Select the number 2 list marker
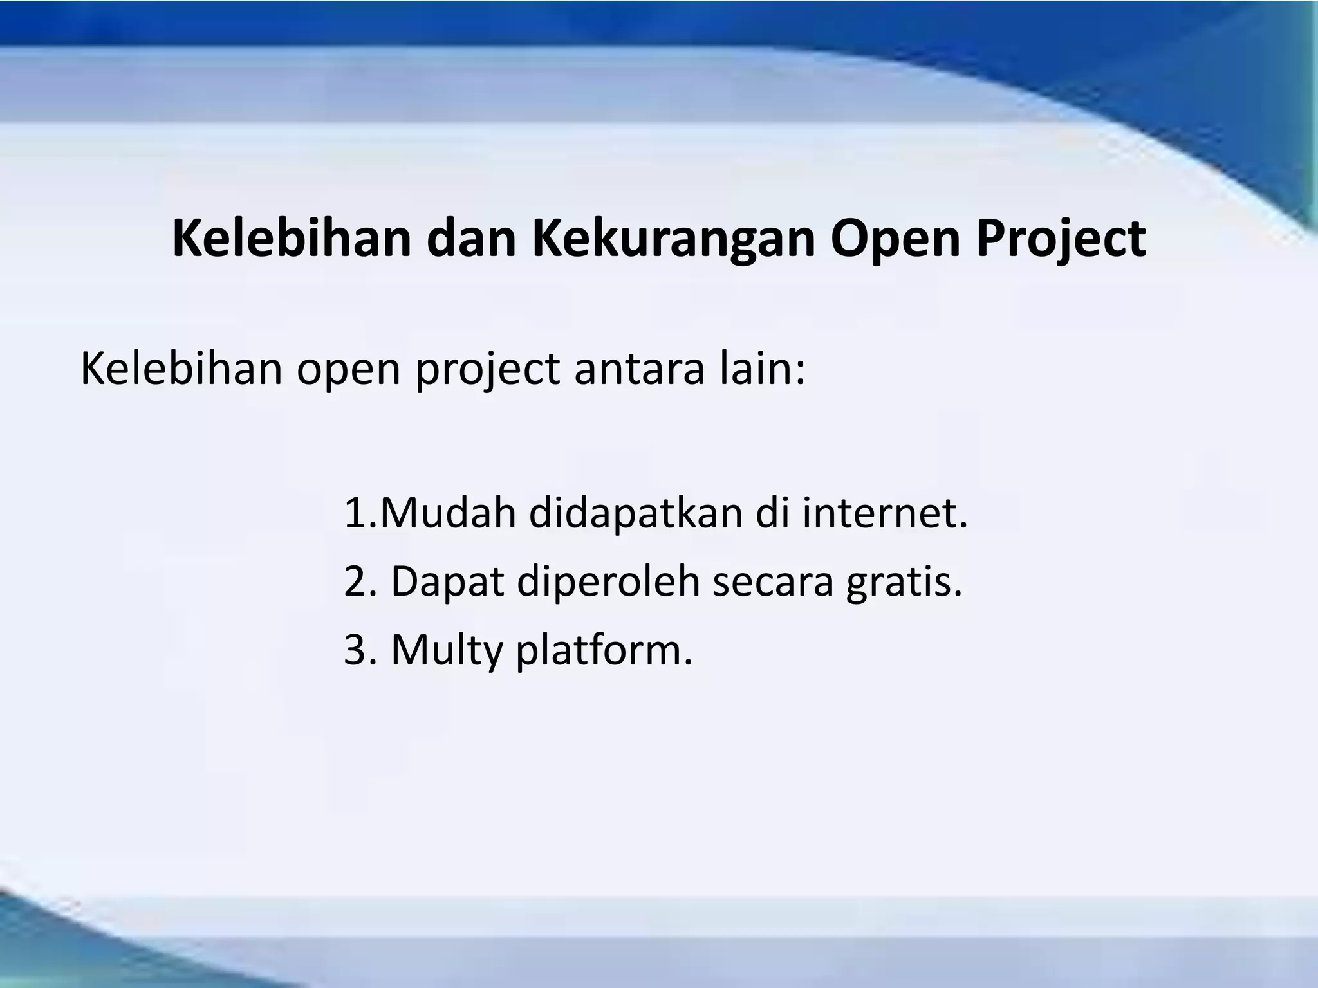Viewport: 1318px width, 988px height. (355, 581)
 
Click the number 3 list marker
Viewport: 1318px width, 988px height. (355, 650)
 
